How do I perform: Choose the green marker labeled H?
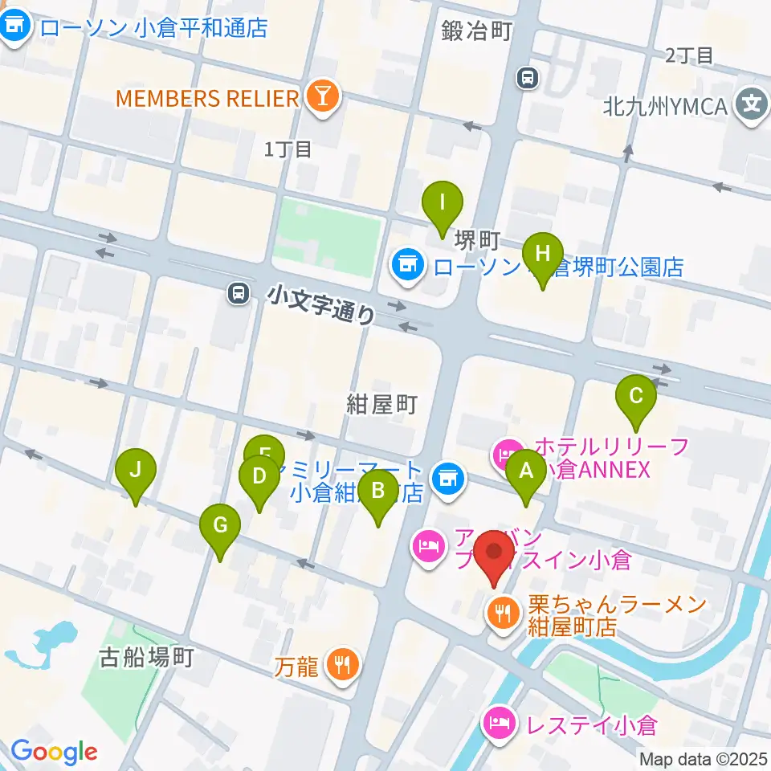pos(542,255)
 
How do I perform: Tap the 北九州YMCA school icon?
pos(752,104)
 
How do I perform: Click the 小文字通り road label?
pos(322,305)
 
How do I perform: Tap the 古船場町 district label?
pos(146,659)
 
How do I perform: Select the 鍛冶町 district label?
pos(475,31)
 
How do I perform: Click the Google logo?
pos(54,752)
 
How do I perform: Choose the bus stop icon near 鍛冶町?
pos(528,78)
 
